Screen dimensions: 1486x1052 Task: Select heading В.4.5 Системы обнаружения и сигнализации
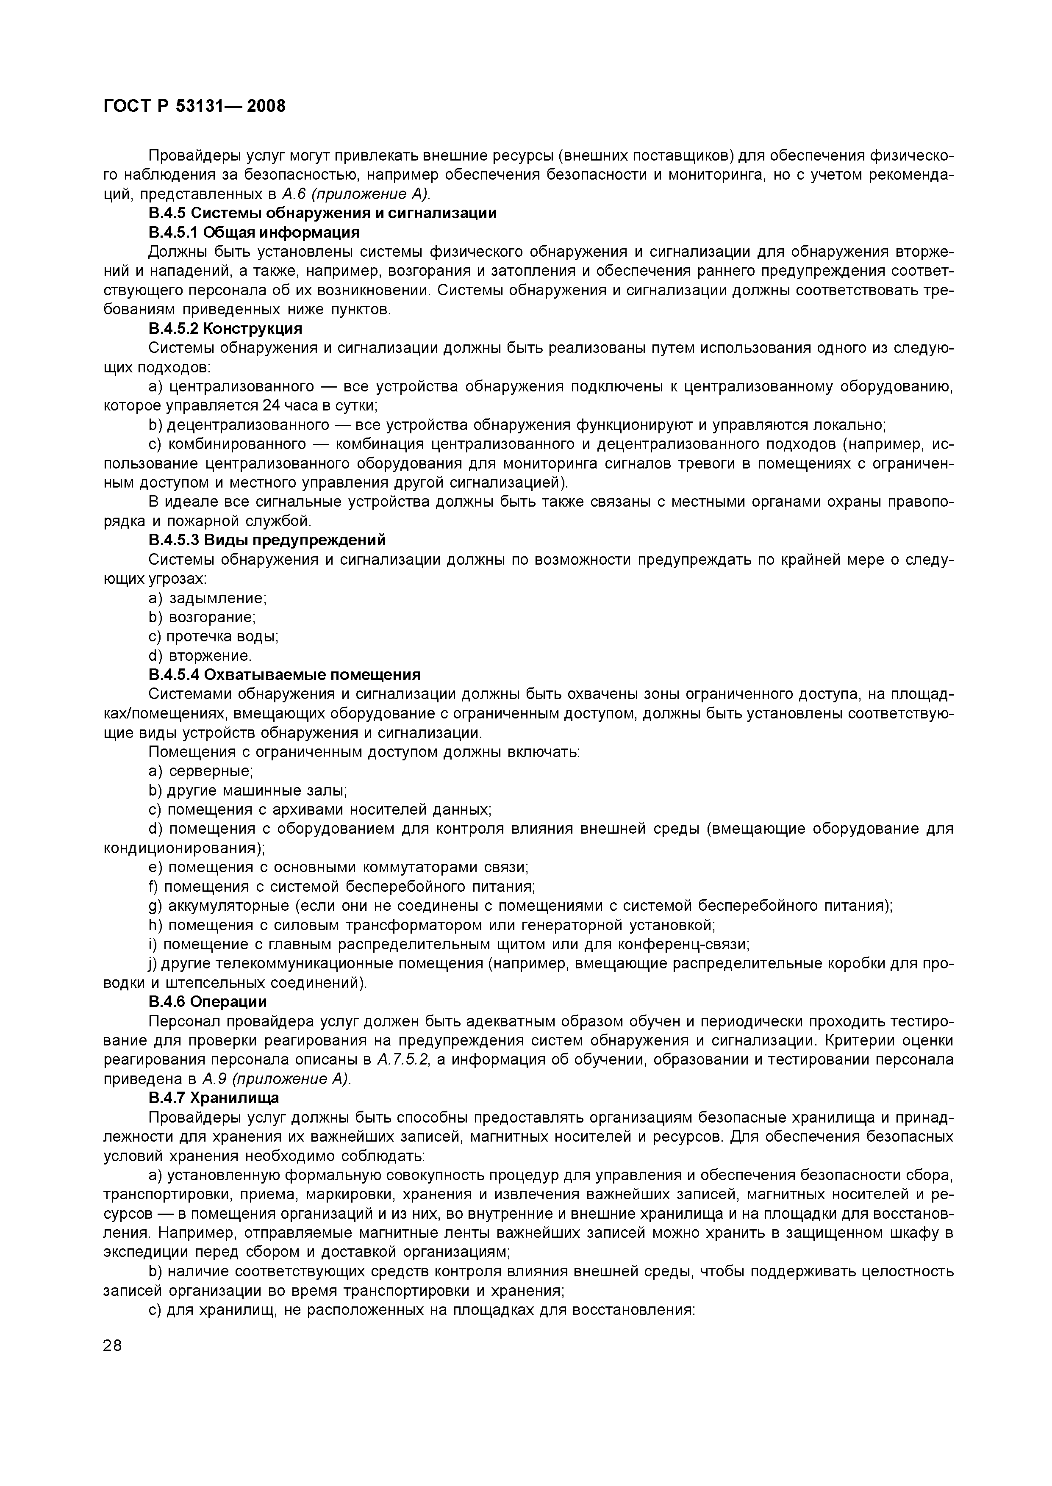tap(322, 213)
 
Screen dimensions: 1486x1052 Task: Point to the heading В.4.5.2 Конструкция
tap(225, 329)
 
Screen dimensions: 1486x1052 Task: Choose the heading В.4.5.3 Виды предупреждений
tap(267, 540)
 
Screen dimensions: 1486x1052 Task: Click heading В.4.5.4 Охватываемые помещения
tap(284, 675)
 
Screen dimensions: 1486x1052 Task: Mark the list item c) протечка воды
tap(213, 637)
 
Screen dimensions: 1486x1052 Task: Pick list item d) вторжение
tap(200, 656)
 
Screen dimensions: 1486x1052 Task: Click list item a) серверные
tap(201, 771)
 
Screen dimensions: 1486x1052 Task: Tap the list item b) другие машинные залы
tap(247, 790)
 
